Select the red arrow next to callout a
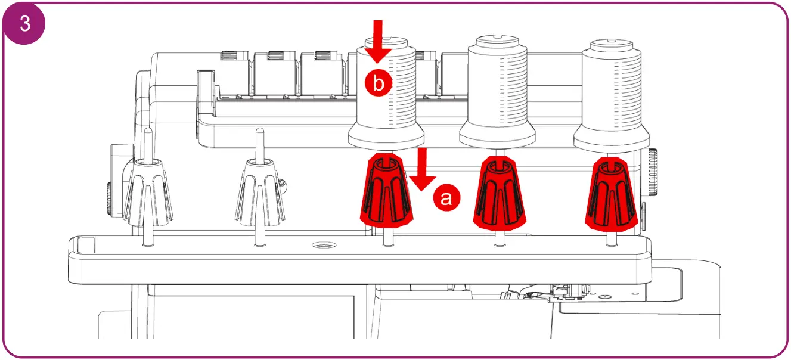(x=422, y=170)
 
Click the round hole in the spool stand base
(x=324, y=245)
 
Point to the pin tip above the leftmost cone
(x=147, y=131)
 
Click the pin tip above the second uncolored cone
(x=259, y=131)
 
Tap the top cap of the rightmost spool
(x=610, y=44)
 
